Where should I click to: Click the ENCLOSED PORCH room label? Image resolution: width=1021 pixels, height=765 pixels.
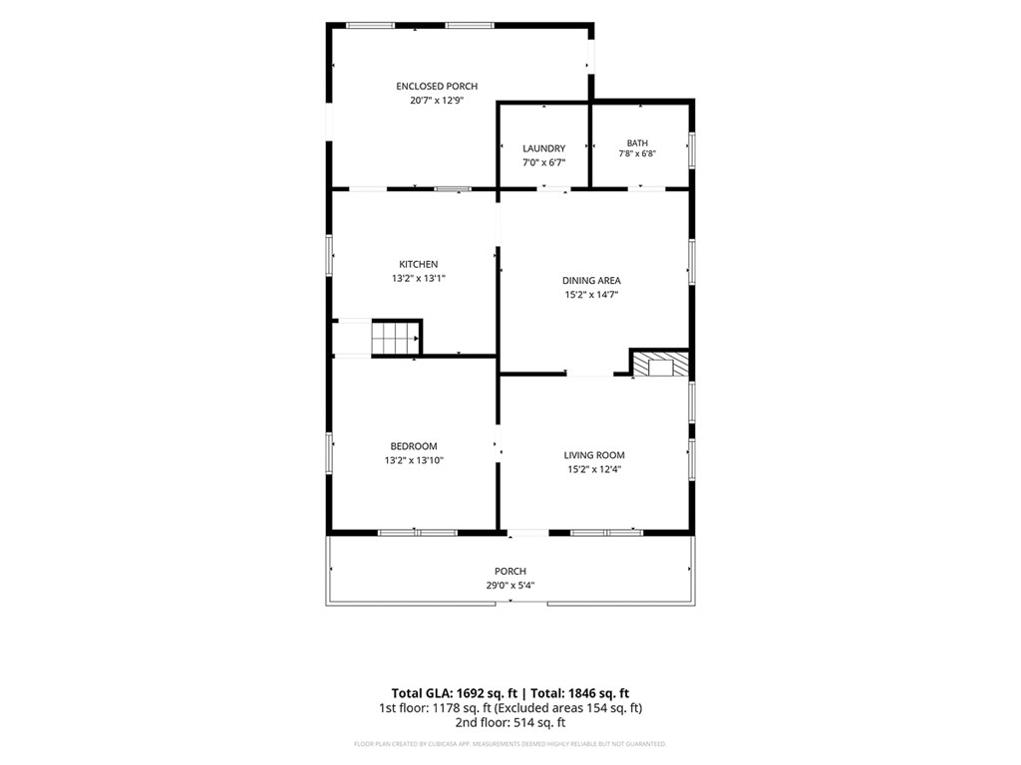[x=437, y=86]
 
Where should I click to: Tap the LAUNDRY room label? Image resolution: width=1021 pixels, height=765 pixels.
[x=543, y=148]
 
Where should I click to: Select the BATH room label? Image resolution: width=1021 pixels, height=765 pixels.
[x=637, y=143]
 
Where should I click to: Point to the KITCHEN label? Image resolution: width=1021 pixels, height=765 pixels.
[x=418, y=264]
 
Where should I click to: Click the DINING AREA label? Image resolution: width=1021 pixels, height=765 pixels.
[x=591, y=280]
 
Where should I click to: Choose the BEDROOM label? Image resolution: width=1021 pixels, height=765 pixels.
[x=414, y=446]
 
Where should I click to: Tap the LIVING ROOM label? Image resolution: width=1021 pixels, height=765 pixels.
[x=594, y=455]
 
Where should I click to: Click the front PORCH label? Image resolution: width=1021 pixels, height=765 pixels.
[x=510, y=571]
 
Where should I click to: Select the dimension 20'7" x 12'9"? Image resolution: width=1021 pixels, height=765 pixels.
[x=437, y=101]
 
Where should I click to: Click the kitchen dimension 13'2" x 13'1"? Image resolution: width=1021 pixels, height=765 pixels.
[x=418, y=279]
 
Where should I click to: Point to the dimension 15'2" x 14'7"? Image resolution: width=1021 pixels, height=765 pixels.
[x=591, y=295]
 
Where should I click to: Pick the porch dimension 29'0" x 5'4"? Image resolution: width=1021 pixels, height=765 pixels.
[x=510, y=586]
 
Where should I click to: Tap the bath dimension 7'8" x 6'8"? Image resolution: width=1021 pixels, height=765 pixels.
[x=637, y=154]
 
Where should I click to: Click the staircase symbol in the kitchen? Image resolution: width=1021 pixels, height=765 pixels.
[x=396, y=339]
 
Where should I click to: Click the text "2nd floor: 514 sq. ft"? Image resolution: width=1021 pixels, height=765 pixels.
[x=510, y=722]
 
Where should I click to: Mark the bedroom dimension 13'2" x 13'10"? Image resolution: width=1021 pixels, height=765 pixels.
[x=414, y=460]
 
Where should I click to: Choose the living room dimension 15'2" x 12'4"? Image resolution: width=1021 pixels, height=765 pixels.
[x=594, y=470]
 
